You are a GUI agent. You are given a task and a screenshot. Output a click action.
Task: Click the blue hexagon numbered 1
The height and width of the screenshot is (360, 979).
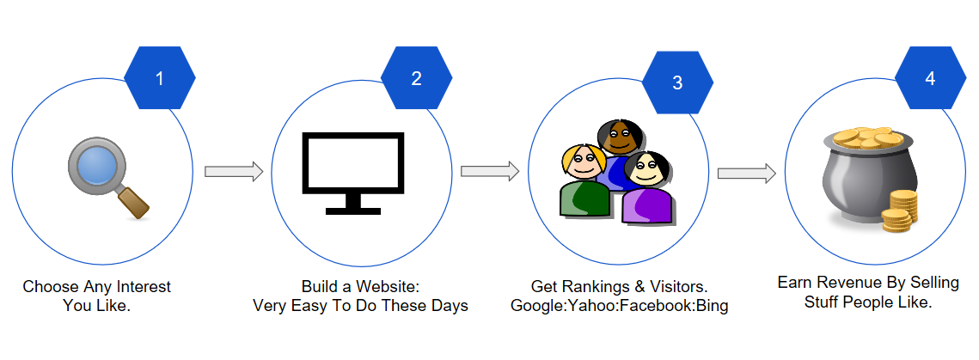pos(160,78)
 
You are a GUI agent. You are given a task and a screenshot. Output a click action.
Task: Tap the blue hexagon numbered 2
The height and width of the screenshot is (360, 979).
pos(417,78)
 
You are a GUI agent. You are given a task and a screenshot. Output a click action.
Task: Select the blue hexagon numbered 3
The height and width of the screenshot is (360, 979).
pos(677,82)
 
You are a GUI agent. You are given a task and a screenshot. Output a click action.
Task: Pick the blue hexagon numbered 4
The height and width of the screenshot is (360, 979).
pos(930,78)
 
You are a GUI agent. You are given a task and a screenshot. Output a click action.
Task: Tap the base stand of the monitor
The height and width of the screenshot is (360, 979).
pos(353,210)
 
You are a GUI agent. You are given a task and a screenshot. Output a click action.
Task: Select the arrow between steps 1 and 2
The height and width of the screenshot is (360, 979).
pos(234,172)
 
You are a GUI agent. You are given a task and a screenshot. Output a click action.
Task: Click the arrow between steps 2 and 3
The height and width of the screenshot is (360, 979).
pos(490,172)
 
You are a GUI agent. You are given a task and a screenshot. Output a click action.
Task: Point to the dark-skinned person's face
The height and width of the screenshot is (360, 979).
pos(619,138)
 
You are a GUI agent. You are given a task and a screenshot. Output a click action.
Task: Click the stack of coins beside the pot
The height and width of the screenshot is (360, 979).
pos(900,211)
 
